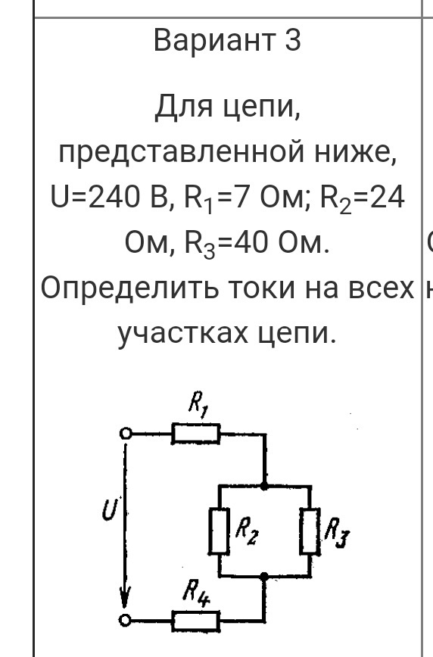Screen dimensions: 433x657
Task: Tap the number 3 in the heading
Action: coord(293,40)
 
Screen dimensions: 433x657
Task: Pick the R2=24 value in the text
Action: coord(363,198)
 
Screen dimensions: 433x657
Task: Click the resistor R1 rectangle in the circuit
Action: coord(196,434)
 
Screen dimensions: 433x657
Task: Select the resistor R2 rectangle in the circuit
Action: coord(220,531)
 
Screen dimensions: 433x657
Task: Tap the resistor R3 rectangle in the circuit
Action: coord(310,531)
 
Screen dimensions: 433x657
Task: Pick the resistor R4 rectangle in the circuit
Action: coord(196,621)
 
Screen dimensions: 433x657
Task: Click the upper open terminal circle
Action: coord(126,433)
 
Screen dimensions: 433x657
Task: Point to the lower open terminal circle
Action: coord(124,620)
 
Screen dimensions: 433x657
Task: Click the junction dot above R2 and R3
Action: coord(264,486)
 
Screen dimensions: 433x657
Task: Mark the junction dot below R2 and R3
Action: coord(264,577)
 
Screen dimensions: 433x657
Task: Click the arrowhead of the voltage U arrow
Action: coord(124,597)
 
